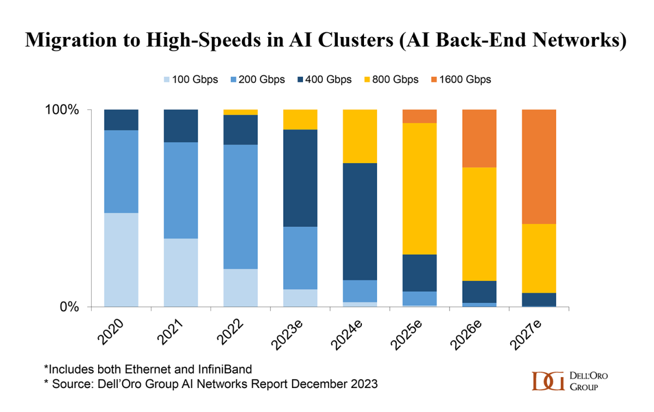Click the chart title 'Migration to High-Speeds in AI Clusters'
point(326,40)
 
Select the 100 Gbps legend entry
point(188,79)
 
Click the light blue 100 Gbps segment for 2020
point(121,260)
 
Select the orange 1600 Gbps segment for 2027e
point(538,167)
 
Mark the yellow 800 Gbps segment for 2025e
point(419,188)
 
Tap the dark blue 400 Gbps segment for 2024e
point(359,222)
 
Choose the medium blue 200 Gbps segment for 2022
point(240,206)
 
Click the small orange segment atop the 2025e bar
point(419,116)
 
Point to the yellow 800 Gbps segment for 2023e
point(300,119)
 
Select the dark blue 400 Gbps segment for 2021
point(181,126)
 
